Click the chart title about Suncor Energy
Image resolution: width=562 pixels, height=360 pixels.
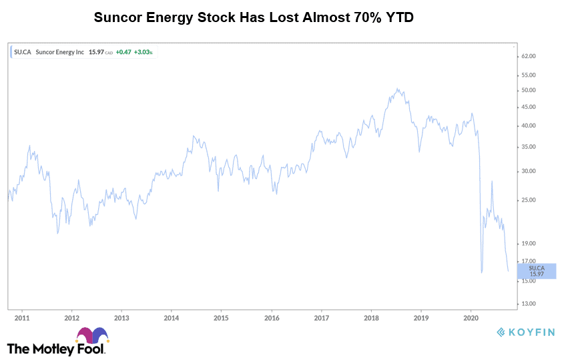coord(254,17)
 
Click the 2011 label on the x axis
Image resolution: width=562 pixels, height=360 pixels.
coord(22,319)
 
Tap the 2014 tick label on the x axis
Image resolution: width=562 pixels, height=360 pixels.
coord(172,319)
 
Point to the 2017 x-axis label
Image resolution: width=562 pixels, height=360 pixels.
coord(322,319)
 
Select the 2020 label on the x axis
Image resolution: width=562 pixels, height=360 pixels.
coord(471,319)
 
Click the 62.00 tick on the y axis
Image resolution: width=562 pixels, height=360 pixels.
coord(529,56)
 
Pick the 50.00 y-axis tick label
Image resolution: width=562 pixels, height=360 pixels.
coord(529,90)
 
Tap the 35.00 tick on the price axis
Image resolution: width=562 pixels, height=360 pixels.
coord(529,147)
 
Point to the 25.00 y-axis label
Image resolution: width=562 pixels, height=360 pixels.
coord(529,200)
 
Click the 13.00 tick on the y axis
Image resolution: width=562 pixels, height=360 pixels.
coord(529,304)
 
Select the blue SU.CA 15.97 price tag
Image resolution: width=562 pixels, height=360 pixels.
coord(537,271)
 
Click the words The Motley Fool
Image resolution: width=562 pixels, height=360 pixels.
coord(56,349)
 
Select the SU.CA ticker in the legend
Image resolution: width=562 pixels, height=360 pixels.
coord(22,51)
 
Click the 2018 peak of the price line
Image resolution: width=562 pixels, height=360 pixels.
coord(397,88)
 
